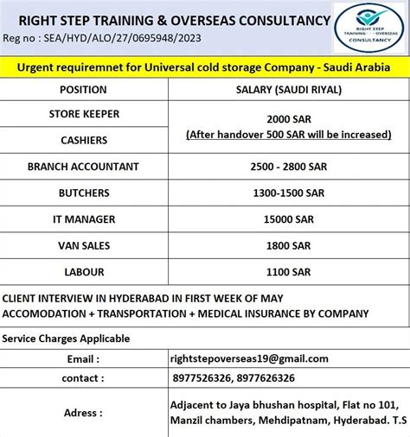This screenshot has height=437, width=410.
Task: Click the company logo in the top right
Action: pos(369,28)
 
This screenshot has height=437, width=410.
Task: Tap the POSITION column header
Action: pos(83,89)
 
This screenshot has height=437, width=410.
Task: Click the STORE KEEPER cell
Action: pos(83,113)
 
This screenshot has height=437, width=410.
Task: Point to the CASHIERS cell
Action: pos(83,140)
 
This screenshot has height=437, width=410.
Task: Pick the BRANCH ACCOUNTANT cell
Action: pos(83,167)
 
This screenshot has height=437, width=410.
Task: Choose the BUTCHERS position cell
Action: pos(83,193)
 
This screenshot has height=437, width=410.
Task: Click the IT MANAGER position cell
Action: pos(83,219)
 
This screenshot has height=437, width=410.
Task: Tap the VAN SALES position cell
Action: pos(83,245)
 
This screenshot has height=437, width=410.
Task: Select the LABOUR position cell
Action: pos(83,271)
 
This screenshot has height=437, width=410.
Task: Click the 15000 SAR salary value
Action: pos(289,219)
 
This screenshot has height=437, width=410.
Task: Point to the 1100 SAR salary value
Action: pos(289,271)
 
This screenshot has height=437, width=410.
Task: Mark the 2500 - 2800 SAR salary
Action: pos(289,167)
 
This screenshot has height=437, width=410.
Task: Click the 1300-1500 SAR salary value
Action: pos(289,193)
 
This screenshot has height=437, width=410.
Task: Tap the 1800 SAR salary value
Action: pos(289,245)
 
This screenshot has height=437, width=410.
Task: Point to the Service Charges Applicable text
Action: pos(67,339)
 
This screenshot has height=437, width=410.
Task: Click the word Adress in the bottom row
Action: pos(82,413)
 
